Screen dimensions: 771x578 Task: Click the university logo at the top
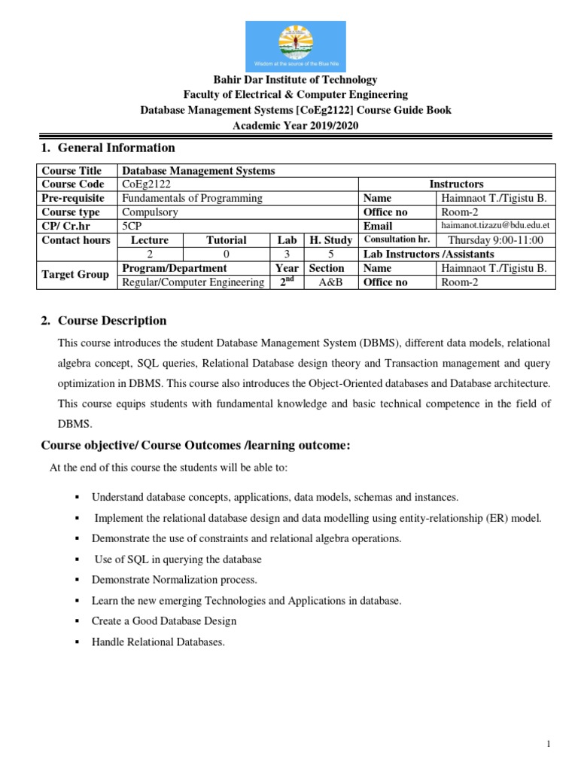pyautogui.click(x=295, y=46)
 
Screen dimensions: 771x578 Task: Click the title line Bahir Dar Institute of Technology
pyautogui.click(x=296, y=80)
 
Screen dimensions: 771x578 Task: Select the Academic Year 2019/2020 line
pyautogui.click(x=296, y=125)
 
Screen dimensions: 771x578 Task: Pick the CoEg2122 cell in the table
pyautogui.click(x=141, y=184)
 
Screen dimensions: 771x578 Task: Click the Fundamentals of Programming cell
pyautogui.click(x=192, y=198)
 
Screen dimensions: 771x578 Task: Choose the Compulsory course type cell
pyautogui.click(x=150, y=212)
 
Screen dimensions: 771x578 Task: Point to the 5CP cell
pyautogui.click(x=131, y=226)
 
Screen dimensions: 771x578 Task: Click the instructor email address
pyautogui.click(x=496, y=225)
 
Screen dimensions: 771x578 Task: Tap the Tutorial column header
pyautogui.click(x=226, y=240)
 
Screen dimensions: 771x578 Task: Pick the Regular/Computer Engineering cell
pyautogui.click(x=193, y=282)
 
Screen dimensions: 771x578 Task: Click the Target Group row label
pyautogui.click(x=75, y=275)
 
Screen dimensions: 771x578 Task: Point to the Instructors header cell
pyautogui.click(x=456, y=184)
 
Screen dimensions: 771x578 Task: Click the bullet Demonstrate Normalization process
pyautogui.click(x=175, y=580)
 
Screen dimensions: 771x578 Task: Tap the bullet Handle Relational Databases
pyautogui.click(x=158, y=642)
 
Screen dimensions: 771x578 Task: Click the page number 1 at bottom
pyautogui.click(x=549, y=744)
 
